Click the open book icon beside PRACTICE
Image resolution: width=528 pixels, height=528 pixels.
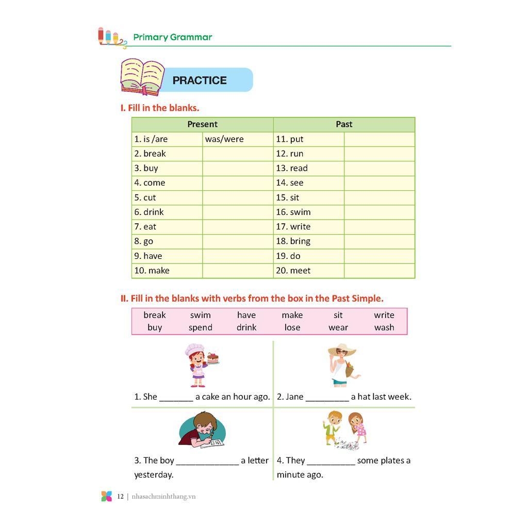pos(142,77)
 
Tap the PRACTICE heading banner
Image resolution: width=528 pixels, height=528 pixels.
pos(200,80)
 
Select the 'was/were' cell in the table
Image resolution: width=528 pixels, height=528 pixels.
pos(224,139)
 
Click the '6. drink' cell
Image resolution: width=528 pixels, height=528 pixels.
pos(149,212)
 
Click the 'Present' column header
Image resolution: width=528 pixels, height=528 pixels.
pos(202,124)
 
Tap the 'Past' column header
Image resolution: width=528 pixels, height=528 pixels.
pos(344,124)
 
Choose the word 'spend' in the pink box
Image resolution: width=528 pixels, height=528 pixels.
pos(200,327)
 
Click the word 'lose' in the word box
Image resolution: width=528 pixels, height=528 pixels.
pos(292,327)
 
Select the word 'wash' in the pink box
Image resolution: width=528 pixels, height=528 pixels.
pos(384,327)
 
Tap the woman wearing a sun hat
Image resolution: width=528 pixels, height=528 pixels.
pos(342,365)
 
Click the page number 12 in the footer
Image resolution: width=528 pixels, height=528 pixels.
pos(120,497)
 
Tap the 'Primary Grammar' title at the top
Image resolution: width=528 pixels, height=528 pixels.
pos(172,37)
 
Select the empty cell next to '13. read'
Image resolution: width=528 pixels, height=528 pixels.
pos(379,168)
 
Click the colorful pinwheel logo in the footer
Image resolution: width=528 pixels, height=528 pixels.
pos(106,497)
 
